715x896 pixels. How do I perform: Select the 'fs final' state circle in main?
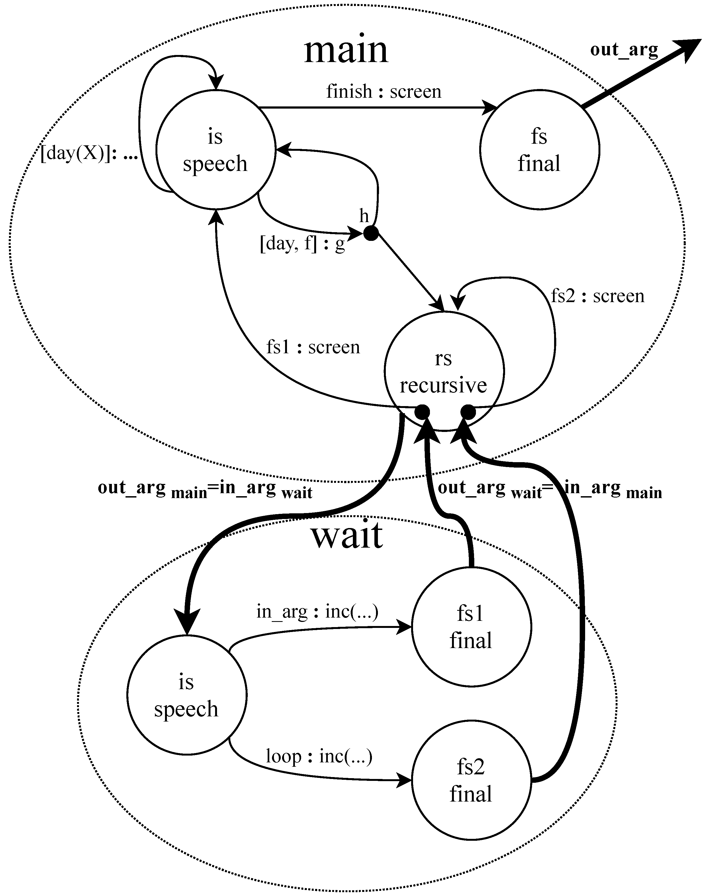click(539, 150)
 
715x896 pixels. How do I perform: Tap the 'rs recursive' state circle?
click(444, 371)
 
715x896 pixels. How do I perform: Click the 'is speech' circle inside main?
click(215, 150)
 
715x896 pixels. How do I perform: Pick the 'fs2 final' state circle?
click(471, 780)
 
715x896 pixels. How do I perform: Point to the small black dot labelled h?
click(371, 233)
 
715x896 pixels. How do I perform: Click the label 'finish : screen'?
click(383, 91)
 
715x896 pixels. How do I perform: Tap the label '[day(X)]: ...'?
click(89, 154)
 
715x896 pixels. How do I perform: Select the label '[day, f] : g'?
click(302, 244)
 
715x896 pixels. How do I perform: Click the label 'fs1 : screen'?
click(313, 347)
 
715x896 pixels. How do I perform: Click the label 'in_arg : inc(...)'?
click(317, 611)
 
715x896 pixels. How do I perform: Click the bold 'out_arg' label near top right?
click(624, 50)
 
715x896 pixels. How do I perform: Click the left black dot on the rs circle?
click(422, 412)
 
